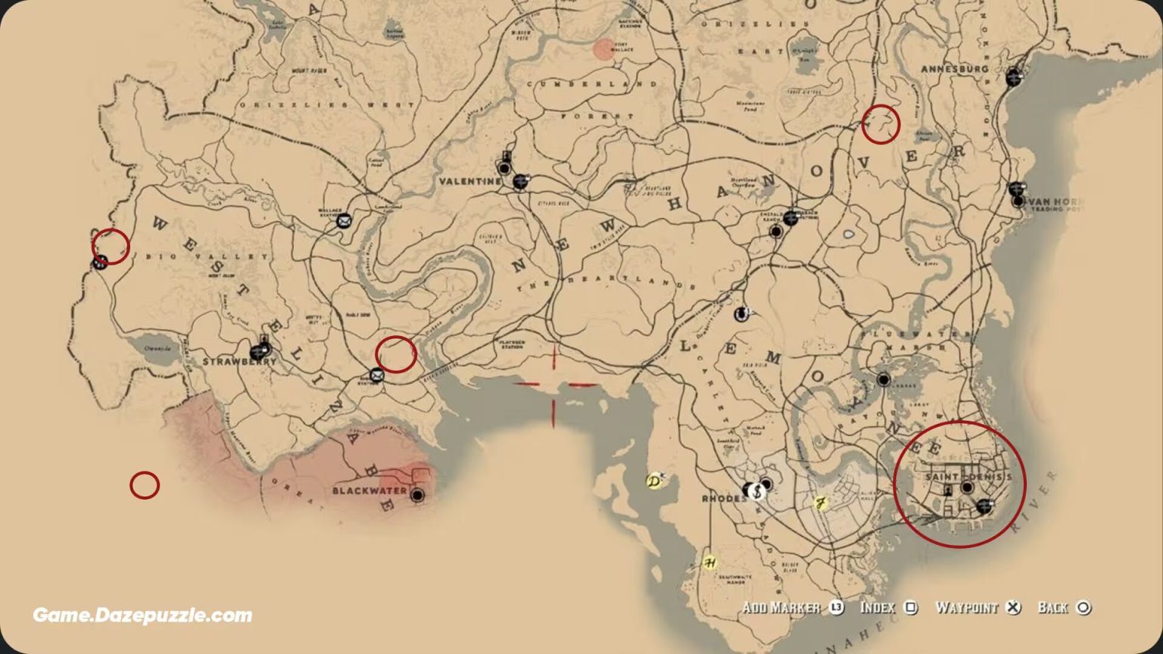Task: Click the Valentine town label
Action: click(x=469, y=182)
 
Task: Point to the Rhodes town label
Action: click(x=725, y=500)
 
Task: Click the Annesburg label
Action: click(x=954, y=69)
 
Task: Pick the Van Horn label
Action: click(x=1052, y=202)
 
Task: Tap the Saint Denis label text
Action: click(x=968, y=478)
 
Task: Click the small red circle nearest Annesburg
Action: click(x=881, y=124)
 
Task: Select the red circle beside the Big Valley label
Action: click(x=111, y=247)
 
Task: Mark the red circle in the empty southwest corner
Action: click(x=145, y=485)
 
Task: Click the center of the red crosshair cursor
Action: click(x=553, y=385)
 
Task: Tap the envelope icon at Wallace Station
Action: click(x=344, y=221)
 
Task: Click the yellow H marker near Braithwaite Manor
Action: click(x=709, y=562)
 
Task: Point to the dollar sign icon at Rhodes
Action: click(x=756, y=491)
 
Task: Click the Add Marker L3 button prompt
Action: click(x=792, y=608)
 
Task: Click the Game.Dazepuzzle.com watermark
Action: click(x=142, y=615)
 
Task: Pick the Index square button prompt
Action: click(x=888, y=608)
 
